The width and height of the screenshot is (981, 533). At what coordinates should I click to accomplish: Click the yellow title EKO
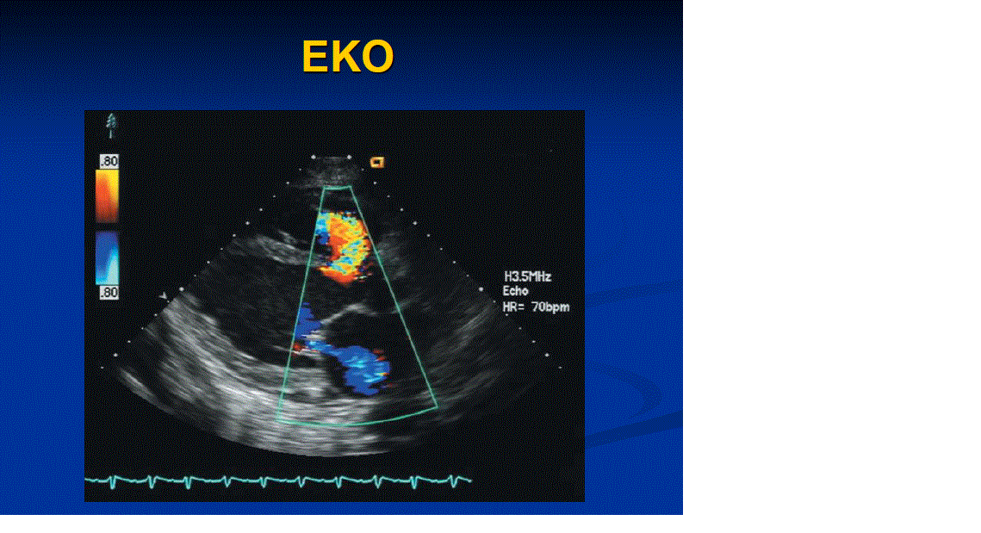pyautogui.click(x=347, y=57)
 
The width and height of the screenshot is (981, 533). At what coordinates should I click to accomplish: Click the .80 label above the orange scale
pyautogui.click(x=109, y=161)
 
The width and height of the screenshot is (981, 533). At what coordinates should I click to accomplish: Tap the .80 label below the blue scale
pyautogui.click(x=109, y=292)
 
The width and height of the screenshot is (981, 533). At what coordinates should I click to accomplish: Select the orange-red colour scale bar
pyautogui.click(x=107, y=195)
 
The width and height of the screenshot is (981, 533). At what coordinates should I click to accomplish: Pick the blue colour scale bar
pyautogui.click(x=107, y=257)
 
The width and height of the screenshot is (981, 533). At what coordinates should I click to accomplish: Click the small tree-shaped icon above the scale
pyautogui.click(x=111, y=125)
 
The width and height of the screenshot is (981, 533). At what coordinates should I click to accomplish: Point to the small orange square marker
pyautogui.click(x=376, y=163)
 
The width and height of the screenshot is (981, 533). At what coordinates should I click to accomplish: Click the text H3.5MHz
pyautogui.click(x=528, y=276)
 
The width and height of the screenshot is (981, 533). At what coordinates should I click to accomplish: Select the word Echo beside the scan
pyautogui.click(x=516, y=291)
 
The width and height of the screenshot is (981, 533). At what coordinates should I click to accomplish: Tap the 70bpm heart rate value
pyautogui.click(x=550, y=307)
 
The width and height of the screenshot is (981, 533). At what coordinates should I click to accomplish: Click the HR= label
pyautogui.click(x=516, y=307)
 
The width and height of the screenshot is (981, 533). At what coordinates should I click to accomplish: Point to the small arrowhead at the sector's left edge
pyautogui.click(x=164, y=296)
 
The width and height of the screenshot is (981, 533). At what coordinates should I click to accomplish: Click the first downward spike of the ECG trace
pyautogui.click(x=113, y=482)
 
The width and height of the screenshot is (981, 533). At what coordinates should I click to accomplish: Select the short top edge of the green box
pyautogui.click(x=338, y=187)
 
